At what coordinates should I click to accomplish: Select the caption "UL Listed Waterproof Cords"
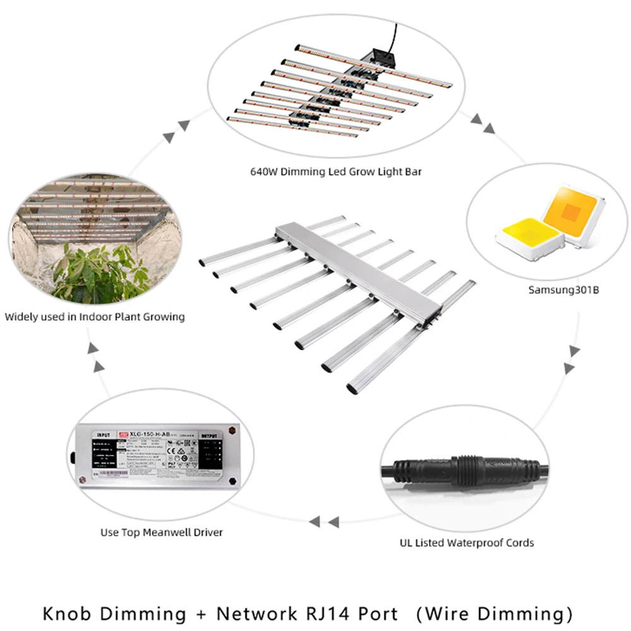coord(467,542)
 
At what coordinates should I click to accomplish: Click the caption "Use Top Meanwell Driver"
coord(162,532)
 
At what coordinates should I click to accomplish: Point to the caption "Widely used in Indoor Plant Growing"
coord(95,316)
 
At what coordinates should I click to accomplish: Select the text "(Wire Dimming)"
coord(497,613)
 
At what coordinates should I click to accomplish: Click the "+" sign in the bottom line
coord(199,613)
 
